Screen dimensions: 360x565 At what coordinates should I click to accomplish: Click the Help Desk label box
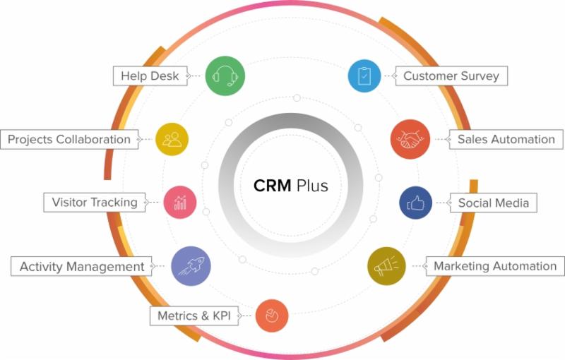[150, 76]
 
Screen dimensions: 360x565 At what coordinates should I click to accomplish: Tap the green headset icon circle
[225, 75]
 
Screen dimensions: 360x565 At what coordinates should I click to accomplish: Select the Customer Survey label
[451, 76]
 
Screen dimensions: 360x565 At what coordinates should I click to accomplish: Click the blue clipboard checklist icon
[364, 75]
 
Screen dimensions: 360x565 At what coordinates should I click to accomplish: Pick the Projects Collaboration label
[69, 139]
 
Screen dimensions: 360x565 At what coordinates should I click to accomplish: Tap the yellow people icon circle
[172, 138]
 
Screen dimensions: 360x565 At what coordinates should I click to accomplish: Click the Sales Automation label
[505, 139]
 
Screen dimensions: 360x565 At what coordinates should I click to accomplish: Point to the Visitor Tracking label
[95, 202]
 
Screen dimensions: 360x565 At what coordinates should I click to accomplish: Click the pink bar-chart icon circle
[180, 203]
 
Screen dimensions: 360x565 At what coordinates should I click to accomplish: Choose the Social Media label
[493, 203]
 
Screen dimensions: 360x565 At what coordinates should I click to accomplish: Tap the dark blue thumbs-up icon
[416, 203]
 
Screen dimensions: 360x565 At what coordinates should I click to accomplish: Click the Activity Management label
[81, 266]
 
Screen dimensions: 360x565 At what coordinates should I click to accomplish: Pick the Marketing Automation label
[494, 266]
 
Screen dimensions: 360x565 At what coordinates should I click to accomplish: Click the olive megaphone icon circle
[386, 266]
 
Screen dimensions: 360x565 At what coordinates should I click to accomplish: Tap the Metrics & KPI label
[194, 315]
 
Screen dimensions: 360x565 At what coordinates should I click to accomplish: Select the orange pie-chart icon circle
[271, 316]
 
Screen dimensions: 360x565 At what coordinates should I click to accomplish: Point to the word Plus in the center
[311, 186]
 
